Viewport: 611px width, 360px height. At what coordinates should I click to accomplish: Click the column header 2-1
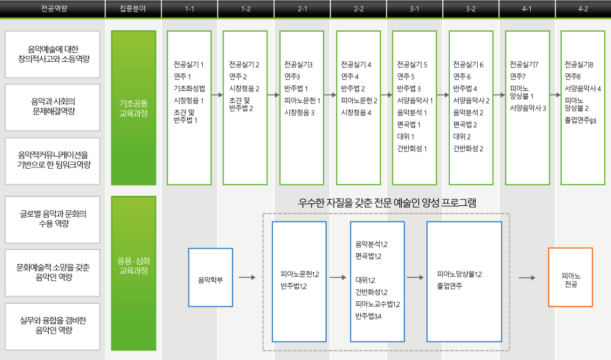(303, 9)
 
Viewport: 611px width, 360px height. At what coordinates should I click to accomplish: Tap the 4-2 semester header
(583, 9)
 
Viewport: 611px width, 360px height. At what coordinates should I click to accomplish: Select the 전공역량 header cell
(54, 9)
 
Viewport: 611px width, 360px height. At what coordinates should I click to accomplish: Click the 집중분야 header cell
(133, 9)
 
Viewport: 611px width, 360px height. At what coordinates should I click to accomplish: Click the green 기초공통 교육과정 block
(134, 108)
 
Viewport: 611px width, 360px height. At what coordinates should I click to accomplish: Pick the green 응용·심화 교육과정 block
(134, 273)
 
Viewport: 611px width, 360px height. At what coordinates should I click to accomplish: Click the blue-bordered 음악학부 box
(210, 277)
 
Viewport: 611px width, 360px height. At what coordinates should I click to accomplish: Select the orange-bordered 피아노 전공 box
(571, 277)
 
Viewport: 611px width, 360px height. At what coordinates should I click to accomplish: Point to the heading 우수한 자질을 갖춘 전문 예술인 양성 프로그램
(387, 203)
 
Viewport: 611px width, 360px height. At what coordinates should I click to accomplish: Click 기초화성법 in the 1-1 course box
(189, 88)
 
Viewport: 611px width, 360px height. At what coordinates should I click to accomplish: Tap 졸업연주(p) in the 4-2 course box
(580, 121)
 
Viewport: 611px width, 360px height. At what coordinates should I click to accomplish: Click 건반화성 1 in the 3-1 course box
(412, 148)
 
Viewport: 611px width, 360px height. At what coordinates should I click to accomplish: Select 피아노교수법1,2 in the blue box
(378, 304)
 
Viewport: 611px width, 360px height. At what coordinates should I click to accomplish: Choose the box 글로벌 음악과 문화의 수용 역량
(52, 220)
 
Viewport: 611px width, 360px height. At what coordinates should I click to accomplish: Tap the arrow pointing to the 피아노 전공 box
(527, 278)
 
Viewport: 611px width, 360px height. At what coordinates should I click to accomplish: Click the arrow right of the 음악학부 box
(247, 277)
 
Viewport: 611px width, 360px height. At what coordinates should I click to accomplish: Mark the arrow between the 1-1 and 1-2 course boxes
(217, 95)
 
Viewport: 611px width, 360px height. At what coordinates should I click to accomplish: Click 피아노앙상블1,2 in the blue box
(459, 274)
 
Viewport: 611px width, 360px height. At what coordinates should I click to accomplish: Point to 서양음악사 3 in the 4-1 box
(528, 108)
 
